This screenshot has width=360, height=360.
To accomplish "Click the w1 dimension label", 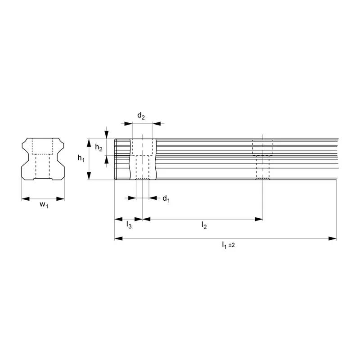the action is tap(44, 204).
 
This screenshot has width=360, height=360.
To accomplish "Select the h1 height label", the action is tap(81, 158).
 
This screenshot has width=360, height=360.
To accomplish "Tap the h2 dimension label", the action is tap(99, 148).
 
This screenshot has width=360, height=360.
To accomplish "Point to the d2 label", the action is tap(141, 116).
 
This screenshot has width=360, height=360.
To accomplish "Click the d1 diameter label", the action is tap(166, 198).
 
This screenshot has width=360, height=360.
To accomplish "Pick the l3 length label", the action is tap(129, 225).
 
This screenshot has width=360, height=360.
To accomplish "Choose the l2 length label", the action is tap(204, 225).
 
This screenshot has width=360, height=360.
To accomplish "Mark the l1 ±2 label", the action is tap(228, 245).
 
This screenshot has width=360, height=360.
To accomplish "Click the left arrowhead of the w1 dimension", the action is tap(26, 199).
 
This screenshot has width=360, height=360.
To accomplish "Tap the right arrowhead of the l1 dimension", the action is tap(333, 238).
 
